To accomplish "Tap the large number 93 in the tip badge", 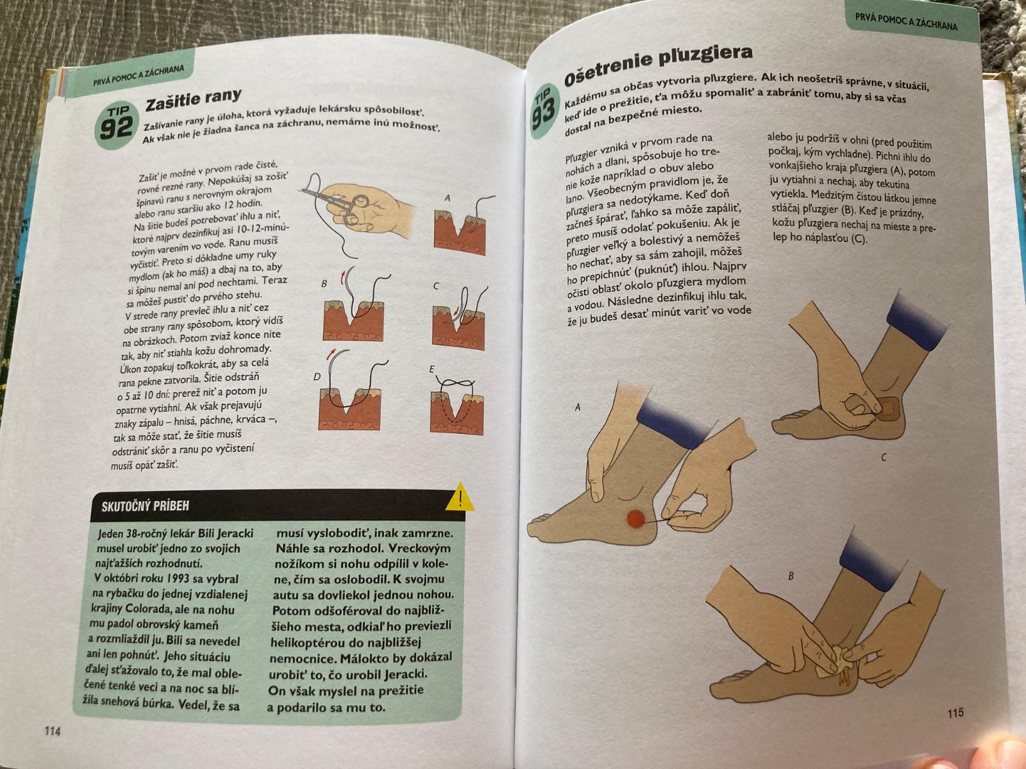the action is (x=543, y=115).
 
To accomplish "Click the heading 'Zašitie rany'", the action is (x=193, y=99).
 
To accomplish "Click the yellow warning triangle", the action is (x=460, y=498).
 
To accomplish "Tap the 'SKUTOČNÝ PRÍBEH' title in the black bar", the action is (x=146, y=506).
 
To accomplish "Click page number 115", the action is (x=955, y=713).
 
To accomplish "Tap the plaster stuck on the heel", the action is (x=887, y=409).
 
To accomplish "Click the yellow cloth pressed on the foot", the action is (x=830, y=667).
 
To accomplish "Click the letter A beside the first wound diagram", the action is (x=448, y=198).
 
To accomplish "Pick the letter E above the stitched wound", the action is (x=432, y=369).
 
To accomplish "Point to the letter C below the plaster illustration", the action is (x=884, y=457).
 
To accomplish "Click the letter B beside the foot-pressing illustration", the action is (x=791, y=576).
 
